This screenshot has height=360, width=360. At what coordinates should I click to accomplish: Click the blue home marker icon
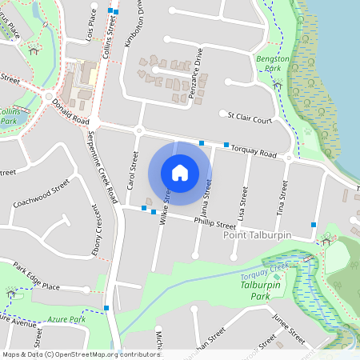(180, 172)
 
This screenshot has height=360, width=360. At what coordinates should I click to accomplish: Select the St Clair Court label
(250, 118)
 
